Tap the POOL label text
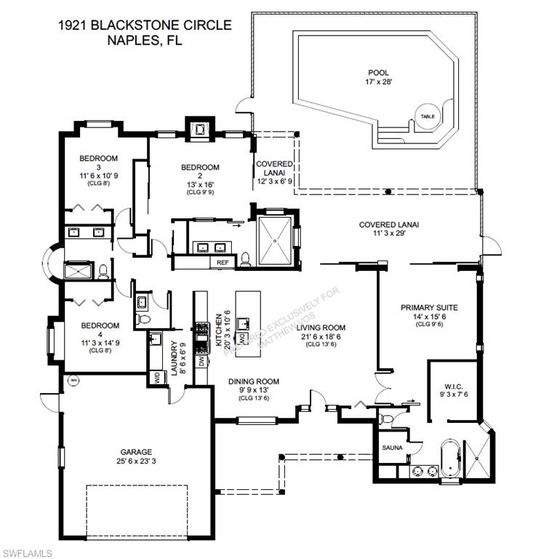pyautogui.click(x=378, y=73)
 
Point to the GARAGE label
pyautogui.click(x=136, y=452)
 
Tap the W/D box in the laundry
pyautogui.click(x=156, y=377)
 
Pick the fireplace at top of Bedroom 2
pyautogui.click(x=199, y=130)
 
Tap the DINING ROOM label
pyautogui.click(x=254, y=381)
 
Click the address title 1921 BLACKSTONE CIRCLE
pyautogui.click(x=145, y=25)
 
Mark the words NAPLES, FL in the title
pyautogui.click(x=145, y=41)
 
